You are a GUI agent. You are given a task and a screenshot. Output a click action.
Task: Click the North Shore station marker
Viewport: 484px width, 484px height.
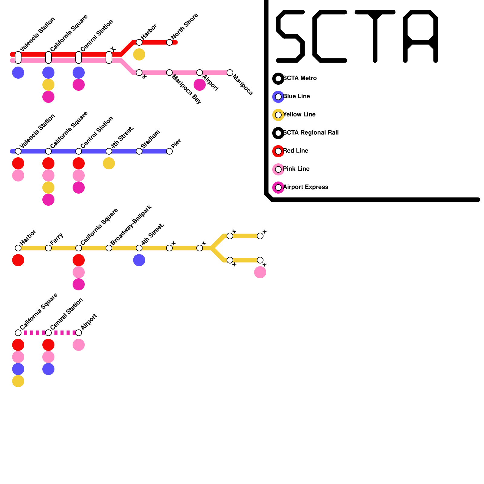click(x=169, y=42)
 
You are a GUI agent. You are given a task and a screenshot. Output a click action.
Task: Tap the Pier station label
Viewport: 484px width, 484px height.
click(x=176, y=143)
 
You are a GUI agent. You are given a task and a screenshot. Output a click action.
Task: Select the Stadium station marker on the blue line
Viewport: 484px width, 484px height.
click(x=139, y=151)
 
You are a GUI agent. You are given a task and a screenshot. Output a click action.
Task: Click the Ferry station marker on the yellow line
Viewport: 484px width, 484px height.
click(x=48, y=248)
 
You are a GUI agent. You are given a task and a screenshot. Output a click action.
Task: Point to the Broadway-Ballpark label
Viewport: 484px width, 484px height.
click(x=131, y=225)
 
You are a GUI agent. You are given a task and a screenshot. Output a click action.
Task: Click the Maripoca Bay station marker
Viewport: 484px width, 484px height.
click(x=169, y=73)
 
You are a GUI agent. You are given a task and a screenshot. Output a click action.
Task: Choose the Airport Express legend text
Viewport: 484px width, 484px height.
click(x=306, y=187)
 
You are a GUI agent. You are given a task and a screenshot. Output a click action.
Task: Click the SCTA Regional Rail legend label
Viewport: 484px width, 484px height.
click(x=311, y=133)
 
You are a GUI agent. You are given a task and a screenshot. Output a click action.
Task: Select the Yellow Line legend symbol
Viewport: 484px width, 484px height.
click(x=278, y=115)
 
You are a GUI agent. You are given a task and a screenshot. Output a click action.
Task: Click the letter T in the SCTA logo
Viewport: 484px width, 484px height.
click(x=375, y=36)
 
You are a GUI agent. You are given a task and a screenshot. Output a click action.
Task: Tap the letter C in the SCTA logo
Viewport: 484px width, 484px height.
click(x=329, y=36)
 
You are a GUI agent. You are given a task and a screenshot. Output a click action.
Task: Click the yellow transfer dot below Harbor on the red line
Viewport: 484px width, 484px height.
click(x=139, y=54)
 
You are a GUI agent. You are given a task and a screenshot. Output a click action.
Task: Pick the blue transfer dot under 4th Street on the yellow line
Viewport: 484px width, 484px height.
click(x=139, y=260)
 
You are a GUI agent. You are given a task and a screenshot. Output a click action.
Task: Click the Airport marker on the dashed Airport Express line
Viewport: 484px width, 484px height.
click(x=79, y=333)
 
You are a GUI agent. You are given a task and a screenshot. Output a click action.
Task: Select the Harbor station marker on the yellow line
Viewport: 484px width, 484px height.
click(x=18, y=248)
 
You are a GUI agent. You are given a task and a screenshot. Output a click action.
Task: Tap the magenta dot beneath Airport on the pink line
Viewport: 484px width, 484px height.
click(x=200, y=85)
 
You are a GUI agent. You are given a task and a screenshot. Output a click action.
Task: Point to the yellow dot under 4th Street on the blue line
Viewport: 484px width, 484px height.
click(x=109, y=163)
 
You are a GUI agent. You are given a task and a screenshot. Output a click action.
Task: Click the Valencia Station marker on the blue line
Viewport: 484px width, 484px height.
click(x=18, y=151)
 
